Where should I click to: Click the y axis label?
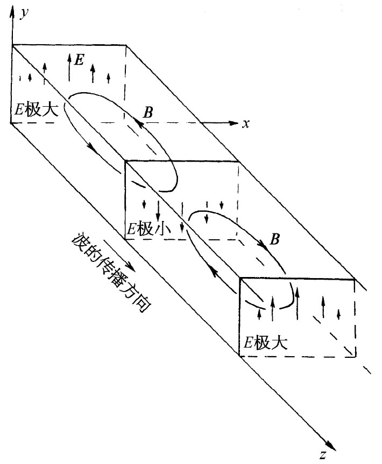pyautogui.click(x=24, y=12)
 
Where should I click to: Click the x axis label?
pyautogui.click(x=246, y=124)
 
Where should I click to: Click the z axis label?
pyautogui.click(x=323, y=454)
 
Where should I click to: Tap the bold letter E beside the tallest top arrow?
pyautogui.click(x=79, y=59)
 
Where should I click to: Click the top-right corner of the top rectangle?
pyautogui.click(x=127, y=45)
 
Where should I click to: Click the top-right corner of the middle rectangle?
pyautogui.click(x=239, y=161)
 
